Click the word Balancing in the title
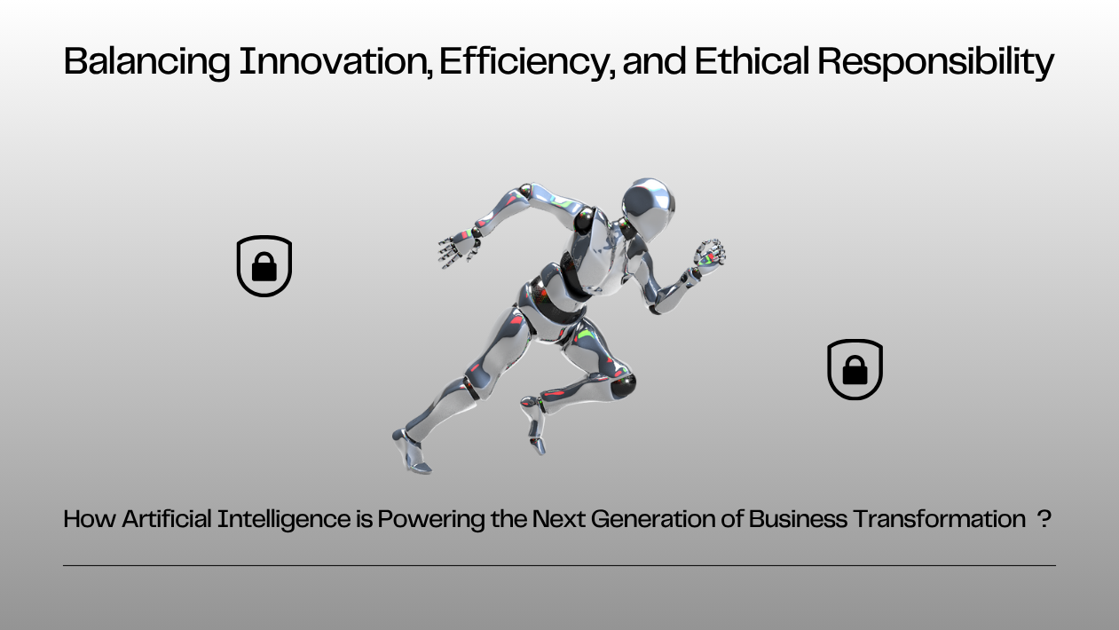[x=147, y=62]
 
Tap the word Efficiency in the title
[x=526, y=62]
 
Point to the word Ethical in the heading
[x=752, y=61]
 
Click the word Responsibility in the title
[x=935, y=62]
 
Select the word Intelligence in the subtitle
[x=284, y=520]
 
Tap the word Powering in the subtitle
[x=430, y=520]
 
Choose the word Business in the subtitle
[x=798, y=518]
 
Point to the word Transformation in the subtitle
[x=939, y=518]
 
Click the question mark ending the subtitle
[x=1044, y=518]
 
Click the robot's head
[x=648, y=205]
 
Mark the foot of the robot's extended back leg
[x=411, y=453]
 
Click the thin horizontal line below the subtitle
[x=559, y=565]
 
